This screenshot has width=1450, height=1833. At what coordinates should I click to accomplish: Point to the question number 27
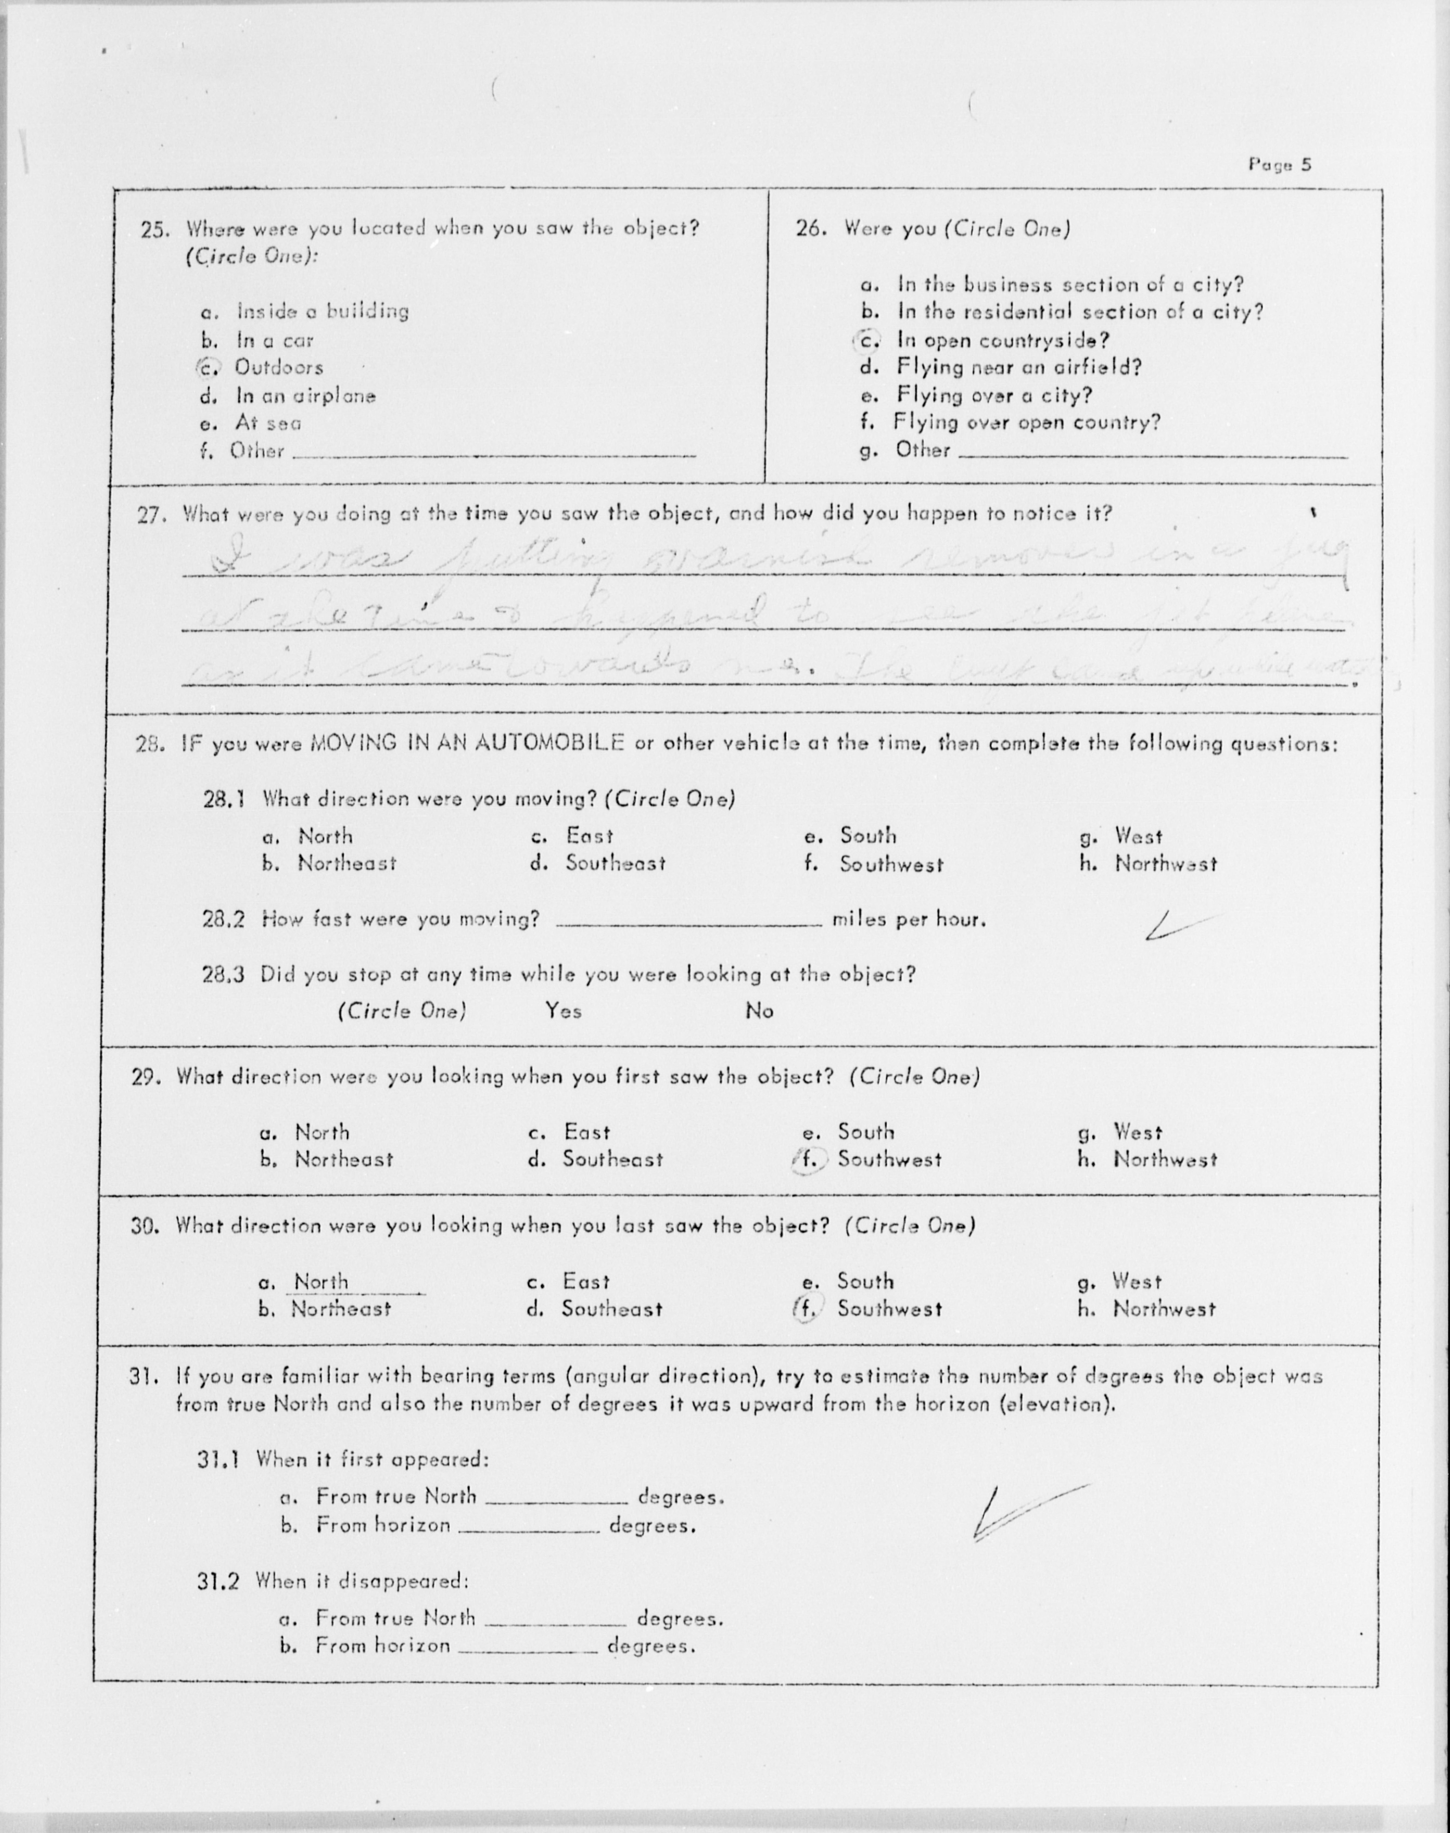click(x=153, y=515)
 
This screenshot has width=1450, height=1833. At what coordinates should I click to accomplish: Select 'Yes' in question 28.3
click(x=563, y=1010)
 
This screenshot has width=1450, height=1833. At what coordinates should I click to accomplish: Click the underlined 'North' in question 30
click(x=321, y=1282)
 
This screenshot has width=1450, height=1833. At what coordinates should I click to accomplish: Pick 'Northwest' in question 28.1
click(x=1165, y=864)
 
